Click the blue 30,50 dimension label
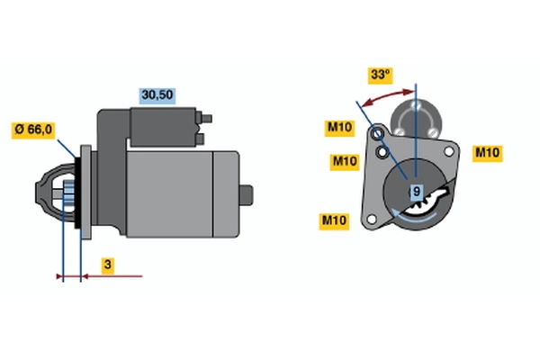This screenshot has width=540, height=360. tap(157, 95)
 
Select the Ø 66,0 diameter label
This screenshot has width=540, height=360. tap(33, 130)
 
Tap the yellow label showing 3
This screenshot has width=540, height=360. tap(108, 265)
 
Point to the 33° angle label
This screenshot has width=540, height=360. tap(380, 75)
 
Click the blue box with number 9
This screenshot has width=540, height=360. tap(417, 191)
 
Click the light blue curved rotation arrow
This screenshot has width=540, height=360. tap(414, 216)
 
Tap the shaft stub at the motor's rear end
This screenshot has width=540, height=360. tap(247, 195)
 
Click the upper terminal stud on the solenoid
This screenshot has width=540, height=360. tap(206, 119)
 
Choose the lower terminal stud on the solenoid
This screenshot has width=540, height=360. tap(201, 139)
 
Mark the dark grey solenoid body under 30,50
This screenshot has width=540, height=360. tap(163, 127)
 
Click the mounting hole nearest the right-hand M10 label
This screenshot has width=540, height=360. tap(449, 151)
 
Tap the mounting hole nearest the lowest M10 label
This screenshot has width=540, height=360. tap(372, 219)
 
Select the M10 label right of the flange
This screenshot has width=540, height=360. tap(487, 153)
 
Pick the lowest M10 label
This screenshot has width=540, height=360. tap(334, 220)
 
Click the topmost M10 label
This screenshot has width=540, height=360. tap(339, 128)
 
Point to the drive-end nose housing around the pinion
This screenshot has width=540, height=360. tap(55, 193)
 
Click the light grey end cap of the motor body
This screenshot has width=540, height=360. tap(226, 194)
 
